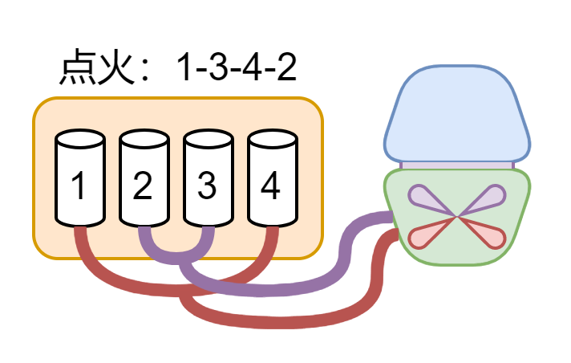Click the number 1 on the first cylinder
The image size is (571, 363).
[x=79, y=186]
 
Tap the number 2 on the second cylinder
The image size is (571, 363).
[x=143, y=186]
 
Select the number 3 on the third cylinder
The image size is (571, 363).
[x=207, y=186]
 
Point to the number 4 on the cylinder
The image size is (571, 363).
[x=271, y=186]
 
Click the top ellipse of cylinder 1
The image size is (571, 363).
[x=80, y=139]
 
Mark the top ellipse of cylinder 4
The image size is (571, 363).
[x=273, y=139]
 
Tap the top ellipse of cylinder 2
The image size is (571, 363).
[x=144, y=139]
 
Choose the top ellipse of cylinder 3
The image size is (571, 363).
[x=209, y=139]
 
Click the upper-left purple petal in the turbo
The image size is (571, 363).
[x=425, y=198]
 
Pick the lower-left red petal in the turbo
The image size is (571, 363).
[x=425, y=235]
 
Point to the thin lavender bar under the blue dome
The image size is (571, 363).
[x=457, y=165]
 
